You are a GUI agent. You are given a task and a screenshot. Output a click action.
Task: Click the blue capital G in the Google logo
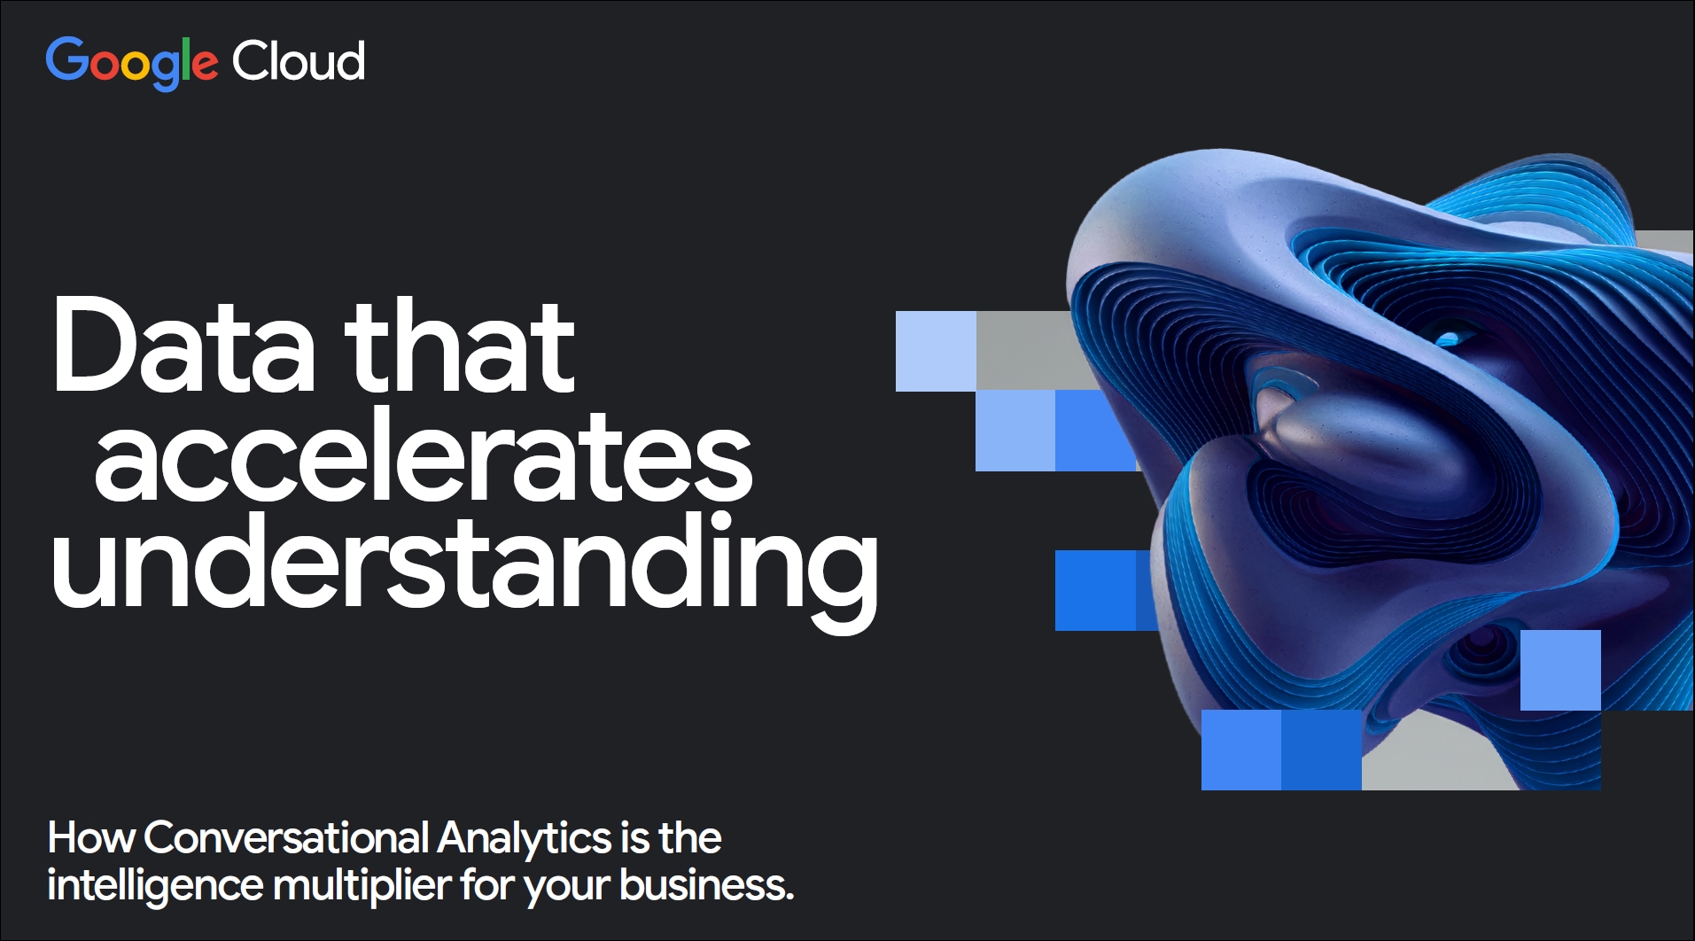click(66, 60)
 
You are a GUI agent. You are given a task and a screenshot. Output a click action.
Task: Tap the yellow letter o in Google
click(135, 66)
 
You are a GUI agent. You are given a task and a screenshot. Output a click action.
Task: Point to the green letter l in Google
click(186, 59)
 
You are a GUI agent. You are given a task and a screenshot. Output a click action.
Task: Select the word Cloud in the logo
click(299, 61)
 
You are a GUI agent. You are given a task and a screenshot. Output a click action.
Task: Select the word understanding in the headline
click(465, 563)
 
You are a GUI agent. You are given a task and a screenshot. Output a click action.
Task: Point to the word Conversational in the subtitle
click(286, 837)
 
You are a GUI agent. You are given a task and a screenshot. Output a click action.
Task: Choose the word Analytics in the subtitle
click(524, 839)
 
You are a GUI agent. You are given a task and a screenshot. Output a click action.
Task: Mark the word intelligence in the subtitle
click(155, 886)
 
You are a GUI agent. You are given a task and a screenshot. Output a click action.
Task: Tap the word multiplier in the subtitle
click(362, 886)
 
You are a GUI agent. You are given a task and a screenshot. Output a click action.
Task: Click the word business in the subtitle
click(706, 884)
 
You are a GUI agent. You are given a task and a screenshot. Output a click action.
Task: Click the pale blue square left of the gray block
click(936, 351)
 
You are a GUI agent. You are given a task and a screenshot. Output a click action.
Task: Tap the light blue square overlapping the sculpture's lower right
click(1560, 670)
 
